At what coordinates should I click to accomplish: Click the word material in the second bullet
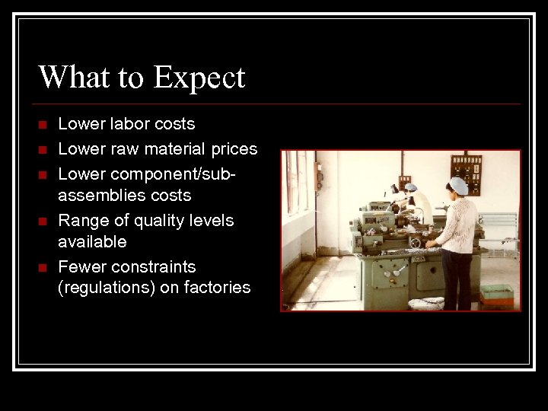176,148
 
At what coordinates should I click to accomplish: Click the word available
92,242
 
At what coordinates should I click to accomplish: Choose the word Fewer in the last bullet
81,267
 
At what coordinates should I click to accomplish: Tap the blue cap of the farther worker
411,186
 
